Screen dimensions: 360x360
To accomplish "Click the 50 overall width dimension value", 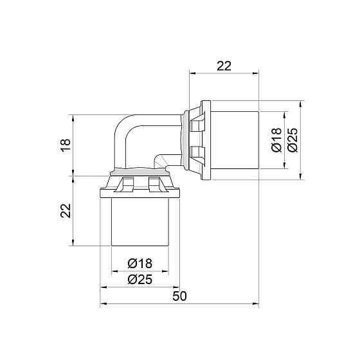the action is (x=180, y=296).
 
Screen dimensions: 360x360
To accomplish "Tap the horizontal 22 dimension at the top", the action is (x=224, y=66).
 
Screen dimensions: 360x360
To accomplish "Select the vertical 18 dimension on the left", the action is (x=66, y=145).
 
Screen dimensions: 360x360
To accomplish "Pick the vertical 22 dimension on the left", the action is (x=66, y=211).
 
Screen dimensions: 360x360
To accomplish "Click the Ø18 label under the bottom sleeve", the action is (x=140, y=264).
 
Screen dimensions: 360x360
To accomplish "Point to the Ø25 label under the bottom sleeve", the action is (x=140, y=280).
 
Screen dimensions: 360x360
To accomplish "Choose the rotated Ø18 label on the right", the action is (x=276, y=140).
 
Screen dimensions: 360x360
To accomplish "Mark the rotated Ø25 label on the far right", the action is (x=292, y=140).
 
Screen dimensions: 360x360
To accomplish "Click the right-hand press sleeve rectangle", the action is (x=235, y=140).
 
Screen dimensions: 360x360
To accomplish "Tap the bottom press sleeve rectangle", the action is (x=140, y=222).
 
